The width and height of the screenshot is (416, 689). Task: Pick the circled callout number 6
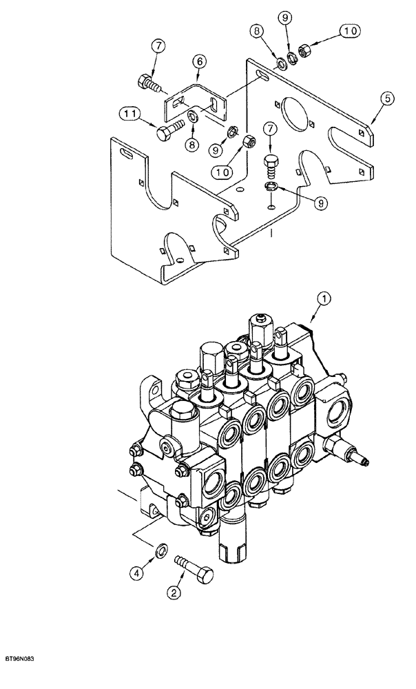pos(200,61)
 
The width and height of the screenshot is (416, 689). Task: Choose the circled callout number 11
pos(129,113)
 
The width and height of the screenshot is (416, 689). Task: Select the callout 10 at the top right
pos(349,31)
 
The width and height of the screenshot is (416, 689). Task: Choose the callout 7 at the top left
pos(159,46)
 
